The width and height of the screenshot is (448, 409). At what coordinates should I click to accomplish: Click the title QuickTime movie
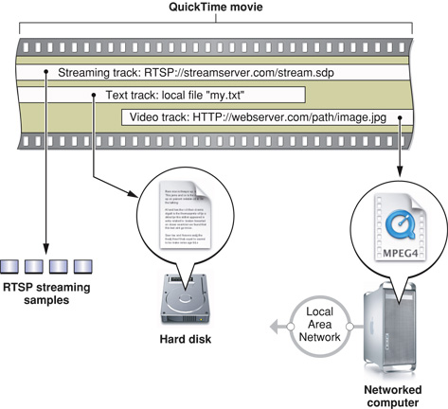[224, 9]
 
